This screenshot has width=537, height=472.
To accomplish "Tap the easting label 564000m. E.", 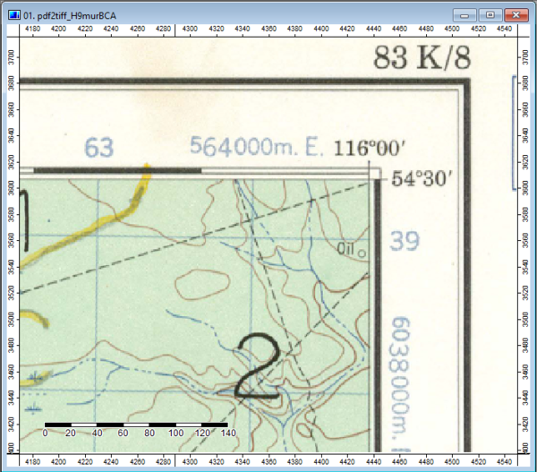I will pyautogui.click(x=256, y=148).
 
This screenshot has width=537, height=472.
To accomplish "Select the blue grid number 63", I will pyautogui.click(x=98, y=148).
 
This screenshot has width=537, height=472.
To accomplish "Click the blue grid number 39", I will pyautogui.click(x=405, y=240).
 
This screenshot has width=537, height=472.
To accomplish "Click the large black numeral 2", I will pyautogui.click(x=259, y=365).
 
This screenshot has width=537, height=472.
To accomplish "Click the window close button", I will pyautogui.click(x=515, y=15).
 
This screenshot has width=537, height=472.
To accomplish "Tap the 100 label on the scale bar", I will pyautogui.click(x=175, y=433).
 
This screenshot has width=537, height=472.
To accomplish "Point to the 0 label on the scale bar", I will pyautogui.click(x=45, y=433).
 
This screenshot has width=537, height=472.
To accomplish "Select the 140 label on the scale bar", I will pyautogui.click(x=227, y=433).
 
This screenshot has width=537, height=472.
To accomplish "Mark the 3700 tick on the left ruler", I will pyautogui.click(x=11, y=56).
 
